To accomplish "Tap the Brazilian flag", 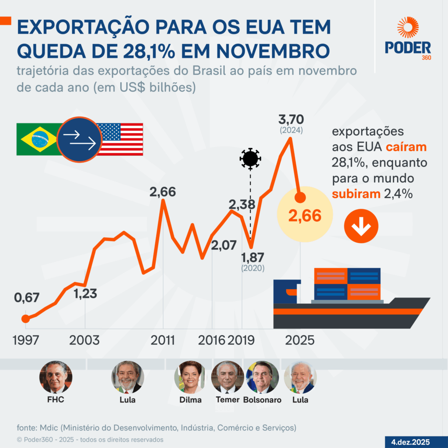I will (x=38, y=139).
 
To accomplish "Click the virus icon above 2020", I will (x=250, y=158).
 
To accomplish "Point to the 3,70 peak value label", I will (x=291, y=119).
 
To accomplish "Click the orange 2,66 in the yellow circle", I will (x=305, y=216).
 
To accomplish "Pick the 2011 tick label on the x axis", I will (x=163, y=340).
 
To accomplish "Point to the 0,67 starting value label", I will (x=27, y=298).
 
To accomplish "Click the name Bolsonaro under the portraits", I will (x=262, y=400).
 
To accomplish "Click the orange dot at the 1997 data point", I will (x=25, y=318).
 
